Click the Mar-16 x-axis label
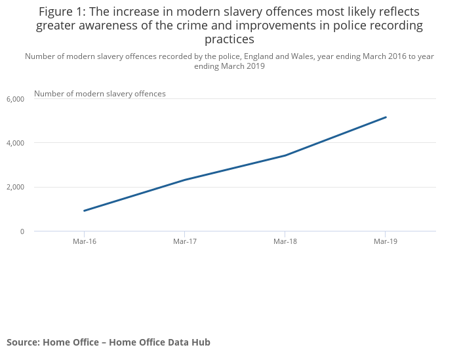pos(85,242)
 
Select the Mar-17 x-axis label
pos(185,242)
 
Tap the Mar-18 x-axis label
pos(285,242)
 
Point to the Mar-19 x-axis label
pos(386,242)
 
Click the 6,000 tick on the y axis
pos(15,99)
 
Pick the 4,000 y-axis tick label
pos(15,143)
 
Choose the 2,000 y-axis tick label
pos(15,188)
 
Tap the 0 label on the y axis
pos(22,231)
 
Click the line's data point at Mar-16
pos(85,210)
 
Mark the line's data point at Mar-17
pos(185,180)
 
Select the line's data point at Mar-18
pos(285,155)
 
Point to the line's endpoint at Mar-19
pos(386,117)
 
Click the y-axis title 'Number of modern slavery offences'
pos(100,94)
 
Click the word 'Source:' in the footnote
pos(23,342)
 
